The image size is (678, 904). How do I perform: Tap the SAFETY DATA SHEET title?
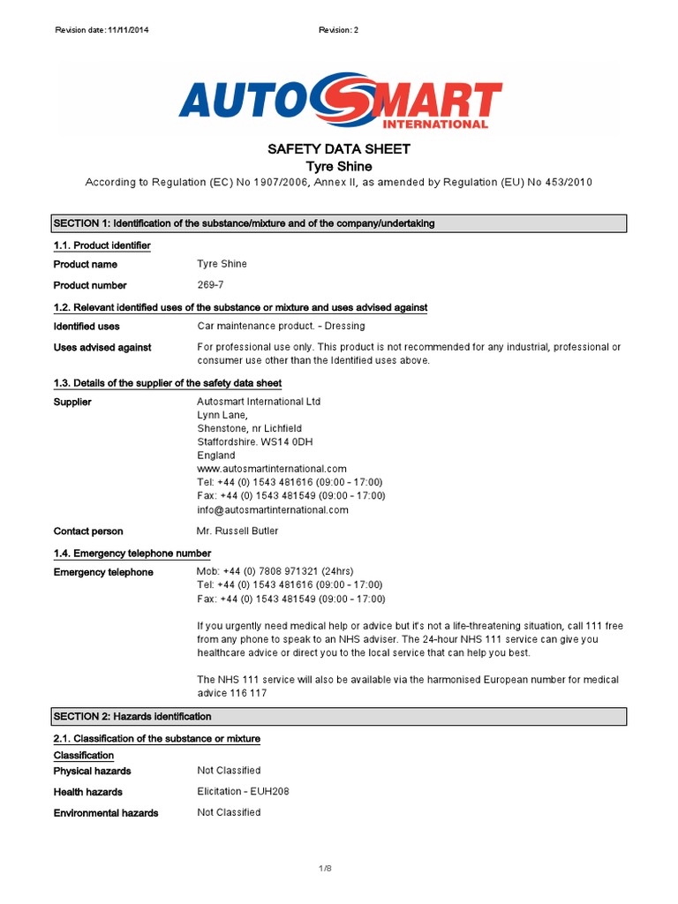pos(338,149)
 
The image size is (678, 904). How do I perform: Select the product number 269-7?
pos(211,285)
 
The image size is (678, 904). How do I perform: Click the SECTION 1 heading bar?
pos(339,223)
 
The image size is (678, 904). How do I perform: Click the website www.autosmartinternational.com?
pos(272,469)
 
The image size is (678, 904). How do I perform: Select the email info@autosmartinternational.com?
pos(273,509)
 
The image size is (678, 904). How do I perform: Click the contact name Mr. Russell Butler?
pos(238,531)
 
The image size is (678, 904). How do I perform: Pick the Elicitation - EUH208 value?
pos(243,791)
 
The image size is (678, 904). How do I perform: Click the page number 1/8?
pos(325,870)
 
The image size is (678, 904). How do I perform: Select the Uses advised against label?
pos(102,348)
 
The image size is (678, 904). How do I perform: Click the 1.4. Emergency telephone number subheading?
pos(132,554)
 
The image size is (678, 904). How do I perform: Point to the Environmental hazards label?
pos(106,813)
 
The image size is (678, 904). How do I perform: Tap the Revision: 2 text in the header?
pos(338,30)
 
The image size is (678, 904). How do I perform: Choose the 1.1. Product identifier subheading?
pos(102,245)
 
